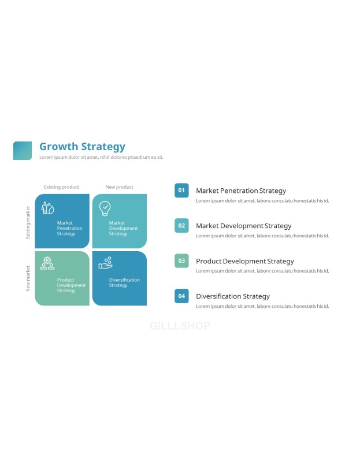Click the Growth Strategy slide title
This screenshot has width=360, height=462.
82,147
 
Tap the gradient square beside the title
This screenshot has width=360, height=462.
23,151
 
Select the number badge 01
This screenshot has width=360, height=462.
181,191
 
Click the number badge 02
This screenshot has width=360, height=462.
181,225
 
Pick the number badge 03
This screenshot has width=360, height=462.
181,261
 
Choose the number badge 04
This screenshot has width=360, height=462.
181,296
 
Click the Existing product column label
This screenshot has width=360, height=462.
62,187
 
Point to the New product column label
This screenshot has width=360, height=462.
120,187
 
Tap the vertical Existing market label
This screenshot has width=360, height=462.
28,222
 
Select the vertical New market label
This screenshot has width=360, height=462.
28,278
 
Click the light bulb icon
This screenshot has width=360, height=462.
105,208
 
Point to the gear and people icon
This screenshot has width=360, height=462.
47,263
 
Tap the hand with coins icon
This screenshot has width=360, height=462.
106,263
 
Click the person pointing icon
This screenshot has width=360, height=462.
47,208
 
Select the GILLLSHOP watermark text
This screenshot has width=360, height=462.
180,326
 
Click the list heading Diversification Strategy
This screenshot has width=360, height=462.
233,296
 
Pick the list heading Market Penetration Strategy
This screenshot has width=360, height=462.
241,191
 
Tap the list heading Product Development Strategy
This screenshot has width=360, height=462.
245,261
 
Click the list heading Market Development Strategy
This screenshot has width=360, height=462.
243,226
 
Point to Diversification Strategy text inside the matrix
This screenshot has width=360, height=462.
124,282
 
